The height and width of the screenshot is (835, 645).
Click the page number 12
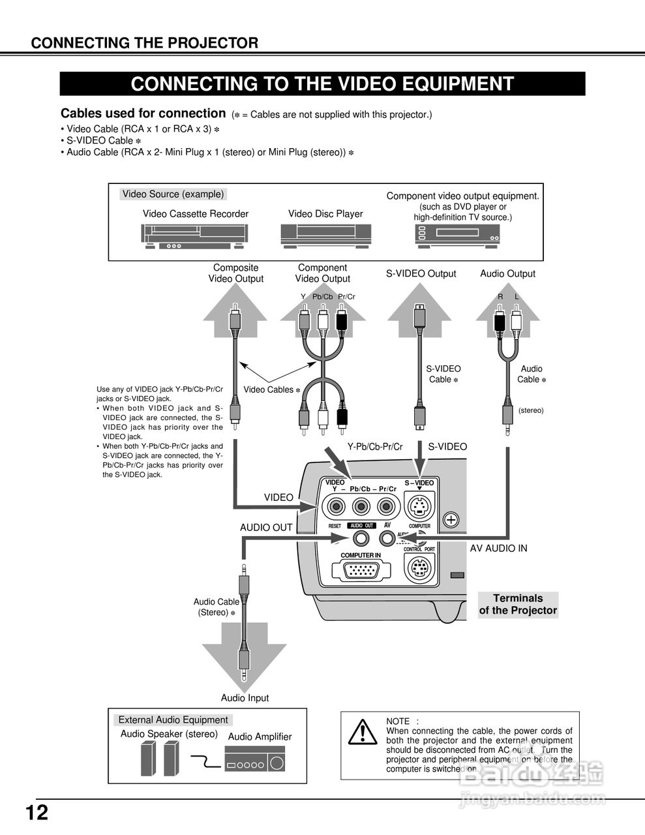pos(37,813)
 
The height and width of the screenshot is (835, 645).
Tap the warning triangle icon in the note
pos(359,733)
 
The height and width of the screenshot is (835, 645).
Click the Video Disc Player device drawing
pos(325,235)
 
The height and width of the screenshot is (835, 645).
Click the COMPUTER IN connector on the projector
pos(361,571)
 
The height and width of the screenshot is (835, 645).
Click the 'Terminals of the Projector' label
pos(518,605)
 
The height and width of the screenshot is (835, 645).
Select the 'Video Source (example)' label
pos(173,194)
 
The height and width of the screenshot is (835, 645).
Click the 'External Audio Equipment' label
pos(173,720)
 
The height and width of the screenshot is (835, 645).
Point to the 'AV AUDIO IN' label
pos(498,549)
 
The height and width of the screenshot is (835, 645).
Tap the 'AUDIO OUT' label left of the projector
pos(266,528)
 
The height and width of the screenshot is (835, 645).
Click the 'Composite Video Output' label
pos(235,273)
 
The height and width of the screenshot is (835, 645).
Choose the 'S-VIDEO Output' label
pos(421,274)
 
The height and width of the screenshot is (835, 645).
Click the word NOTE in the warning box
pos(398,721)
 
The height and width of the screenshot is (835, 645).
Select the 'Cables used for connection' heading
pos(143,114)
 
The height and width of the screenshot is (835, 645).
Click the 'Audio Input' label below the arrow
pos(245,698)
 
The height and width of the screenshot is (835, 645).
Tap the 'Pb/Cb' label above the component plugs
pos(322,297)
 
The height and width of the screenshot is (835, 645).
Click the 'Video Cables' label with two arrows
pos(271,390)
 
